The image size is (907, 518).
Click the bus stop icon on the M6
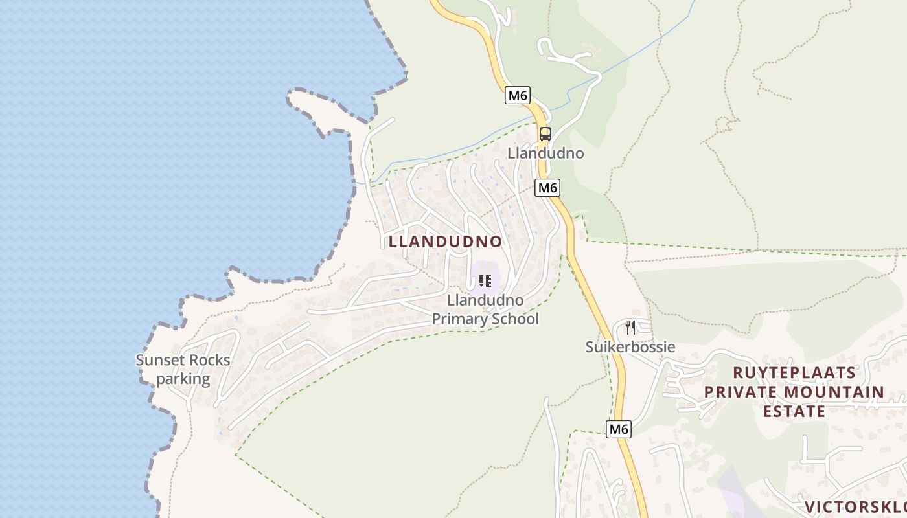point(545,134)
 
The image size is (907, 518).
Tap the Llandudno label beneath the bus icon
point(545,153)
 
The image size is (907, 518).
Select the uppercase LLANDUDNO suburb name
point(445,242)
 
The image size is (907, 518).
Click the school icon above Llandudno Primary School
point(485,281)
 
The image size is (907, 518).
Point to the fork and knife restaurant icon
point(630,328)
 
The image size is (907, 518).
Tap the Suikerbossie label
point(630,347)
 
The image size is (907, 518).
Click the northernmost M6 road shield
point(518,96)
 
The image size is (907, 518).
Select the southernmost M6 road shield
point(619,429)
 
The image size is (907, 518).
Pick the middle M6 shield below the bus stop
point(547,188)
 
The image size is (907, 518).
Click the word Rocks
point(209,361)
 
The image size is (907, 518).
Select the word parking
point(183,379)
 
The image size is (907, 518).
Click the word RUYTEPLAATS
point(794,373)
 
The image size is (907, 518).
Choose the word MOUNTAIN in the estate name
point(834,392)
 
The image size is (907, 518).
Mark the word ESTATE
point(794,411)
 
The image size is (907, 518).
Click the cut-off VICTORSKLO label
point(855,506)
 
